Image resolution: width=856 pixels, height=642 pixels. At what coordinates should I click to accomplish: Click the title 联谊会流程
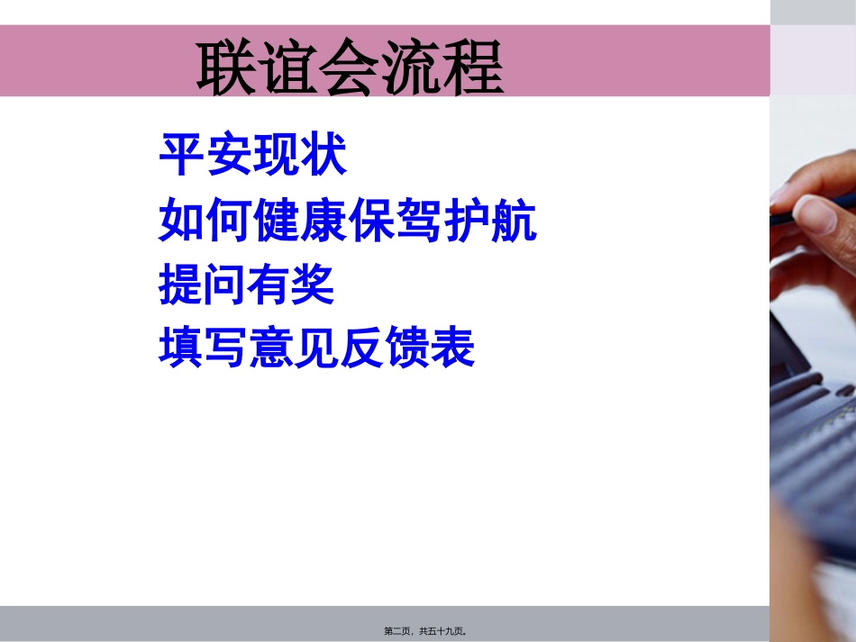[x=351, y=68]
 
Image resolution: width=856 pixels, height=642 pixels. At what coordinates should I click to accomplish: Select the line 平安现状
[x=253, y=156]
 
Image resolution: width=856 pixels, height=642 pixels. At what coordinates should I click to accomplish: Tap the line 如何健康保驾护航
[x=348, y=222]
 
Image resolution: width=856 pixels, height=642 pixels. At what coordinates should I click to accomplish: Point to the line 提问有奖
[x=246, y=285]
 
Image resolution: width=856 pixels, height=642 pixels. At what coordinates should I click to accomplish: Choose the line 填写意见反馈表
[x=316, y=348]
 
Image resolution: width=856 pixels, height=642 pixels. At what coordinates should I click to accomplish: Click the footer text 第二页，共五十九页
[x=424, y=631]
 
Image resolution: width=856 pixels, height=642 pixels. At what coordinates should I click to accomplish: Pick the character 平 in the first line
[x=181, y=156]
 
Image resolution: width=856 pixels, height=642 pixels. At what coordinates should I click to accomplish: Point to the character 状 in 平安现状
[x=324, y=156]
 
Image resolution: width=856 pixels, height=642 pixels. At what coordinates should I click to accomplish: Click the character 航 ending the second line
[x=514, y=222]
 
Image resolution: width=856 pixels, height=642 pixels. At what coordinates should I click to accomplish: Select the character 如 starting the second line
[x=181, y=222]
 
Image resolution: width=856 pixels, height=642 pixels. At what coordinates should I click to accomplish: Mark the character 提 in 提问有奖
[x=180, y=285]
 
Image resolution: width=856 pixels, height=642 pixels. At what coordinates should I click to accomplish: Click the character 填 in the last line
[x=181, y=348]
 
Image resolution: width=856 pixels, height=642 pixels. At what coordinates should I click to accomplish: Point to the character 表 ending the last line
[x=452, y=348]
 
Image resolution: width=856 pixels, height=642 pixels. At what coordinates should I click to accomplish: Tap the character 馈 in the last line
[x=407, y=348]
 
